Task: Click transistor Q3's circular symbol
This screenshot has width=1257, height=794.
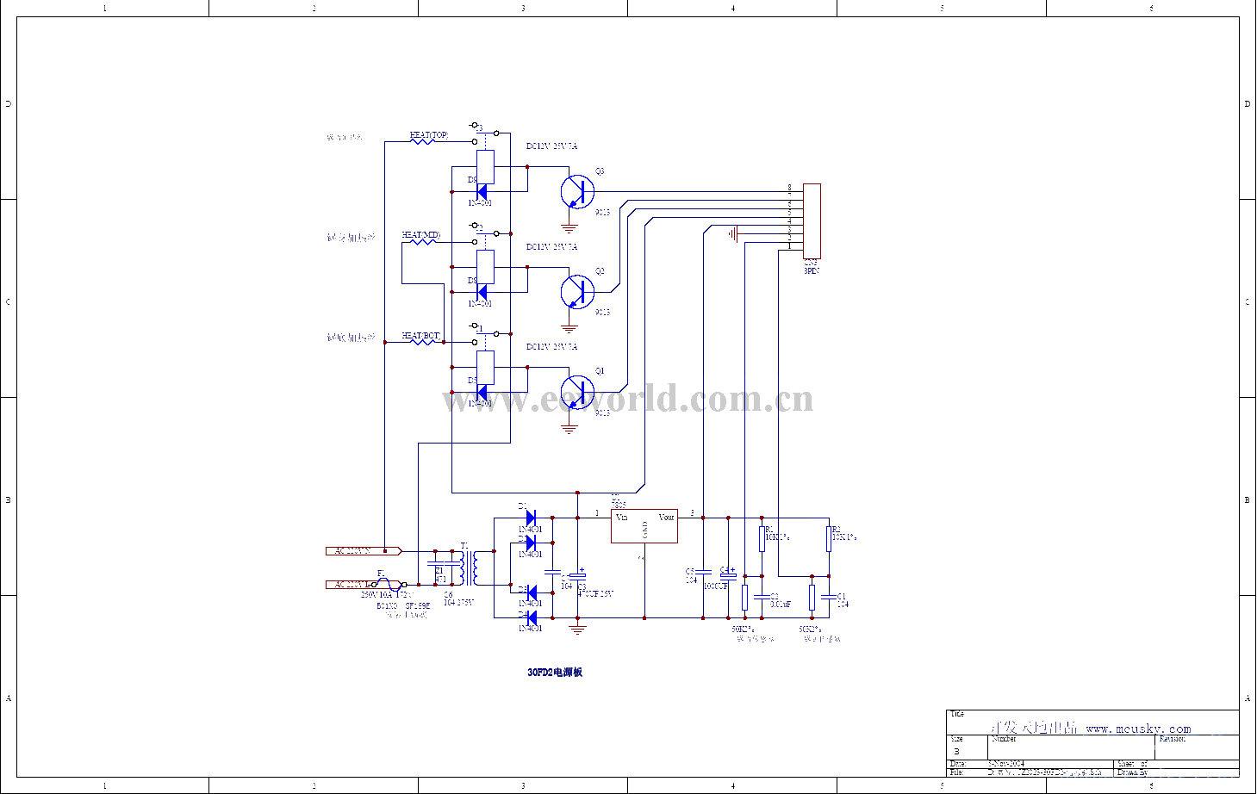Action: pyautogui.click(x=576, y=191)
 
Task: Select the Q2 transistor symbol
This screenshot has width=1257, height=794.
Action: pyautogui.click(x=576, y=292)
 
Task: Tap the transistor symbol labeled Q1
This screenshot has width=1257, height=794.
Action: pyautogui.click(x=576, y=392)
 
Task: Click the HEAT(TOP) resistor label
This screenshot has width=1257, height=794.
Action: pyautogui.click(x=428, y=135)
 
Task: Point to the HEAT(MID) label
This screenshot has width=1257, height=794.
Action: pyautogui.click(x=420, y=235)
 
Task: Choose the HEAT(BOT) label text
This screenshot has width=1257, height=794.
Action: pyautogui.click(x=420, y=336)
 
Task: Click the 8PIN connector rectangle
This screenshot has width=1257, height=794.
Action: pyautogui.click(x=812, y=220)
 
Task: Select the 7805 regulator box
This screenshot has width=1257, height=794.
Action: pyautogui.click(x=644, y=526)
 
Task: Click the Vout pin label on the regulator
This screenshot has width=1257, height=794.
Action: pyautogui.click(x=666, y=518)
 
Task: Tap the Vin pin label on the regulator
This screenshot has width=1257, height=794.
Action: pyautogui.click(x=622, y=518)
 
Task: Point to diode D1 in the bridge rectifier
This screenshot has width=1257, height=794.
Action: pyautogui.click(x=531, y=517)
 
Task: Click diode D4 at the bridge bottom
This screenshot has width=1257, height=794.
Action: pyautogui.click(x=531, y=617)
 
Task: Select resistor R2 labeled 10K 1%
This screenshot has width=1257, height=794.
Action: pyautogui.click(x=829, y=539)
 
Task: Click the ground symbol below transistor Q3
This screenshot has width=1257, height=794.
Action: pyautogui.click(x=569, y=228)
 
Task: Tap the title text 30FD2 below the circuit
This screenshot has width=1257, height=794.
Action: pyautogui.click(x=555, y=672)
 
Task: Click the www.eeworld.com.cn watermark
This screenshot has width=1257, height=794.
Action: pyautogui.click(x=627, y=400)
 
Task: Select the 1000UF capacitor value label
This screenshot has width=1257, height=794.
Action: pyautogui.click(x=715, y=586)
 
